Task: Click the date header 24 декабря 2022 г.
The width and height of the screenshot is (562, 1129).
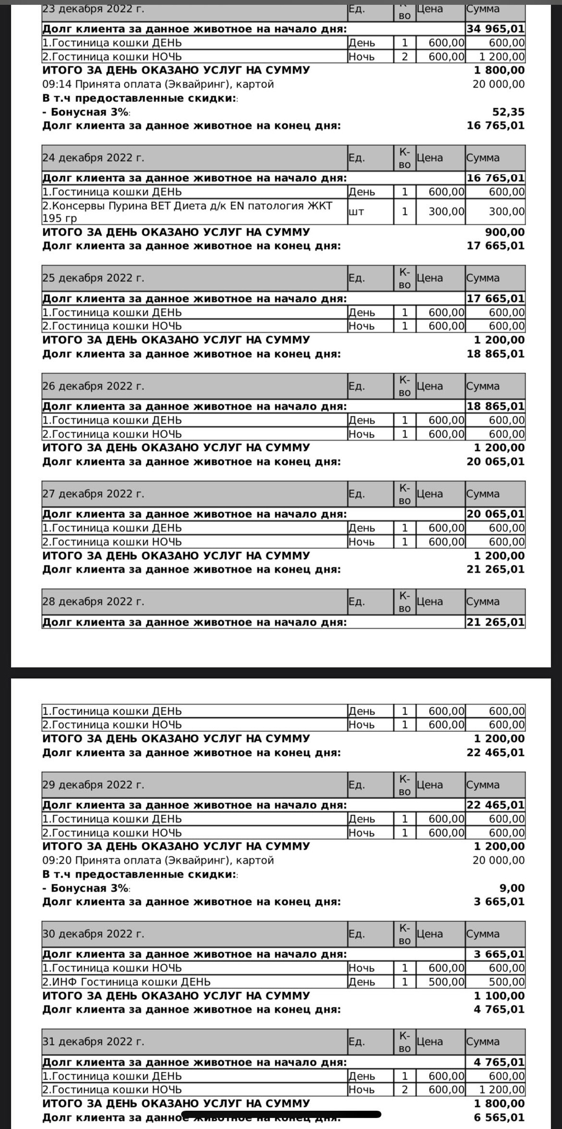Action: (93, 158)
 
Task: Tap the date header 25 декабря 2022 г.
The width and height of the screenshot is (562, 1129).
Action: (93, 278)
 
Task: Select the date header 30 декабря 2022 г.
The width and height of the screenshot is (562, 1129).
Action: (93, 934)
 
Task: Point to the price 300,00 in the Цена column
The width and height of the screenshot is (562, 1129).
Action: (447, 212)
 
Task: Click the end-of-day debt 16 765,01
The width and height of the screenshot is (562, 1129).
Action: (495, 125)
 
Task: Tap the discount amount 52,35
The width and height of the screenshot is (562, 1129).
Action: (508, 112)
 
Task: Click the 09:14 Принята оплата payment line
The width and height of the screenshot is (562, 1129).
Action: (158, 84)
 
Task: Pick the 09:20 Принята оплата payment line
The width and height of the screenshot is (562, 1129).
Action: (158, 860)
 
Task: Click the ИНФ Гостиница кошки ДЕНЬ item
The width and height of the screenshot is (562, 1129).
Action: (126, 982)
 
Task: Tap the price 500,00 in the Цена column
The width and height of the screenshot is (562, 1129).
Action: (447, 982)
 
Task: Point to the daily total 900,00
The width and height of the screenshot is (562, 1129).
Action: (505, 232)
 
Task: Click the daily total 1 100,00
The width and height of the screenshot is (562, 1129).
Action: (499, 996)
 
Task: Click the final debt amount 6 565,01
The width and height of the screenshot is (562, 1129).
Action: (499, 1118)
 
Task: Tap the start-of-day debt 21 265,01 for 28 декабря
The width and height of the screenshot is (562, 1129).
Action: (495, 622)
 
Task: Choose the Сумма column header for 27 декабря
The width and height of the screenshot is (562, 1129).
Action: (483, 494)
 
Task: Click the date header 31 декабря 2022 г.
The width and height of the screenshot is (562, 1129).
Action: (93, 1042)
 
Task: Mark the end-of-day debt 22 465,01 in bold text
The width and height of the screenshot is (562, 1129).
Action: (495, 753)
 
